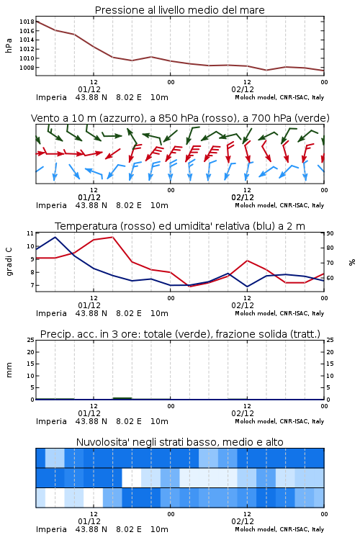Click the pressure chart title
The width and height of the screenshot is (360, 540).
[179, 10]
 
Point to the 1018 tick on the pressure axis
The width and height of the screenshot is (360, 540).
[27, 22]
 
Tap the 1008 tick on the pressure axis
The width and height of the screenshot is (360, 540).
[27, 68]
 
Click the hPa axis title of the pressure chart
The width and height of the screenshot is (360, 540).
[9, 45]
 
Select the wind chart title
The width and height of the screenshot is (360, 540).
[180, 118]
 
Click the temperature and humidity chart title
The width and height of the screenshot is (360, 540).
[180, 226]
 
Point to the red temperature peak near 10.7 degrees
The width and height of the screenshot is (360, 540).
[112, 237]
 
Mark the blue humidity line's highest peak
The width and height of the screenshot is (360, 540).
[55, 237]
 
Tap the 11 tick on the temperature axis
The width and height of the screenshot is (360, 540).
[30, 233]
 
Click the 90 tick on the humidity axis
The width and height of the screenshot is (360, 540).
[330, 233]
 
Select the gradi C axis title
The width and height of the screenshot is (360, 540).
[9, 262]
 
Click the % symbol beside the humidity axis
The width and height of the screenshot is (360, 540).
[352, 262]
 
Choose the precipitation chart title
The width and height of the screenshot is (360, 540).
[180, 334]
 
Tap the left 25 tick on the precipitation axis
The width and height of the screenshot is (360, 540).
[31, 340]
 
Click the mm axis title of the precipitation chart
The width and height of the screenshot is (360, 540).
[9, 370]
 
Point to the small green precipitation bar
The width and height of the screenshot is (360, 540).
[122, 398]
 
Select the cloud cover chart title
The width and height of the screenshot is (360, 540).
[179, 442]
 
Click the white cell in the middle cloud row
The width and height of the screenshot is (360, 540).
[132, 477]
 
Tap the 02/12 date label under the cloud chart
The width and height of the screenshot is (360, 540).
[243, 521]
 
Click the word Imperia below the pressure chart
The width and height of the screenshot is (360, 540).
[51, 97]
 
